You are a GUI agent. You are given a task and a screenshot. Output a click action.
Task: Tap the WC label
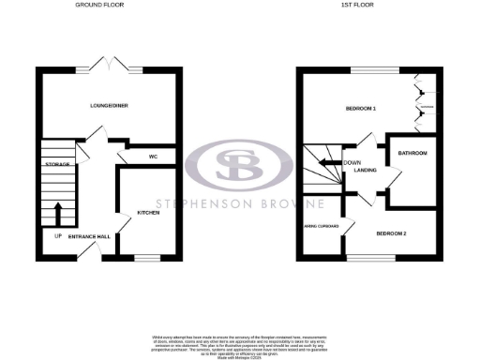[x=151, y=157]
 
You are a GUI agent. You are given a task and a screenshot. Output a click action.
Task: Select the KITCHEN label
[x=148, y=213]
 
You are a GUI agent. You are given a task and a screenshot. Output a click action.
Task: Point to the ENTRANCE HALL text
[x=90, y=236]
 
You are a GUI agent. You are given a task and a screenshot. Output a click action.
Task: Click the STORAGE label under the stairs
[x=57, y=164]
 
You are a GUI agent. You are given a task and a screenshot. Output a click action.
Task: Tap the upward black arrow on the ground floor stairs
[x=59, y=212]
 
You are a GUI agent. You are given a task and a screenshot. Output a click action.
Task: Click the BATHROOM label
[x=412, y=153]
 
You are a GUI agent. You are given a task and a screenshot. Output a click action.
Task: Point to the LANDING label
[x=366, y=170]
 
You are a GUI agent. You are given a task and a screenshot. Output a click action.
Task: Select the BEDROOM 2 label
[x=391, y=232]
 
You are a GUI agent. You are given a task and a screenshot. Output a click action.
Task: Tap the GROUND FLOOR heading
[x=102, y=5]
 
